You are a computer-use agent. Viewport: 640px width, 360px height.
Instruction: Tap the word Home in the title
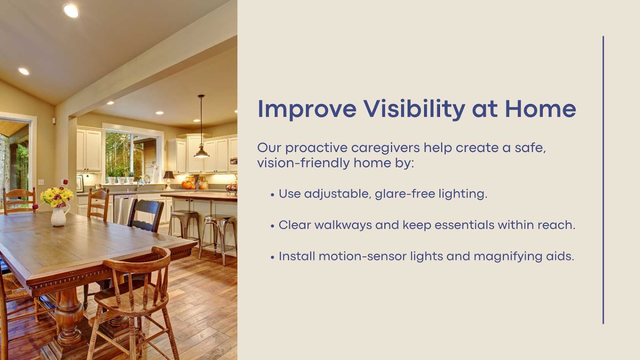540,108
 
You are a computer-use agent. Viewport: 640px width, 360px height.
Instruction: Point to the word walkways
343,225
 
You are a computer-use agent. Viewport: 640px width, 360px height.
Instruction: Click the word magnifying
508,256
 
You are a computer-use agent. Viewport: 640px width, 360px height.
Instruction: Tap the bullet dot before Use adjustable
272,195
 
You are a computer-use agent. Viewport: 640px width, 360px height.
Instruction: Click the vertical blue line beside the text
603,180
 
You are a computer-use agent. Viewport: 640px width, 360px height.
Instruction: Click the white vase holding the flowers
60,215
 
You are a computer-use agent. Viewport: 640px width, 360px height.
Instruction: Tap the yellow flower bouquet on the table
56,196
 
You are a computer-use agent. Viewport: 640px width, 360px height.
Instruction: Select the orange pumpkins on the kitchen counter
188,185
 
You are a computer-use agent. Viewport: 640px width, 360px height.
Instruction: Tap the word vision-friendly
304,164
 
